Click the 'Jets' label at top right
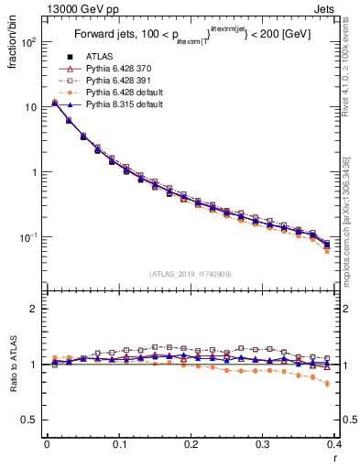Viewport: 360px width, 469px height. click(325, 10)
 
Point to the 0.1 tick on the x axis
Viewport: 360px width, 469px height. click(119, 444)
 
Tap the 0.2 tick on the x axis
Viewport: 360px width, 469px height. click(191, 444)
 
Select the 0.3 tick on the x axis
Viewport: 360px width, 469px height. click(264, 444)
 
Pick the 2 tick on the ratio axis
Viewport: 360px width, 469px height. click(34, 309)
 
